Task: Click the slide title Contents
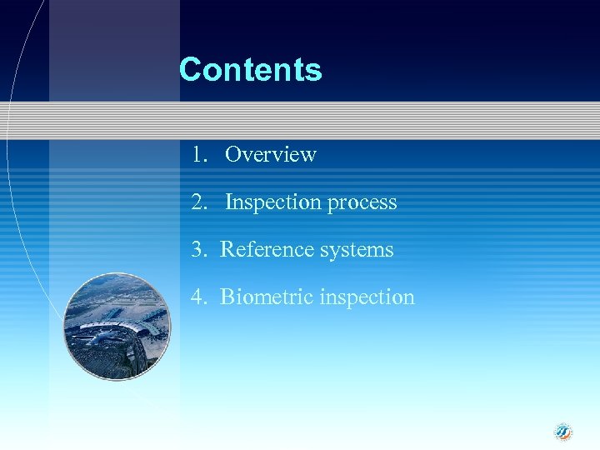point(250,69)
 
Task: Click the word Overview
point(271,154)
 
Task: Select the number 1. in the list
point(198,154)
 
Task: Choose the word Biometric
point(262,297)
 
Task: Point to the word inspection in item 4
point(367,297)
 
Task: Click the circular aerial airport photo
point(117,327)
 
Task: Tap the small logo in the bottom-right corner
point(564,431)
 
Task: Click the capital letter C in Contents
point(191,69)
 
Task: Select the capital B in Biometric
point(227,297)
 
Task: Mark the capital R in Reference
point(227,249)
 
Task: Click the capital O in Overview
point(232,154)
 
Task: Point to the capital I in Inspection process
point(228,202)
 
